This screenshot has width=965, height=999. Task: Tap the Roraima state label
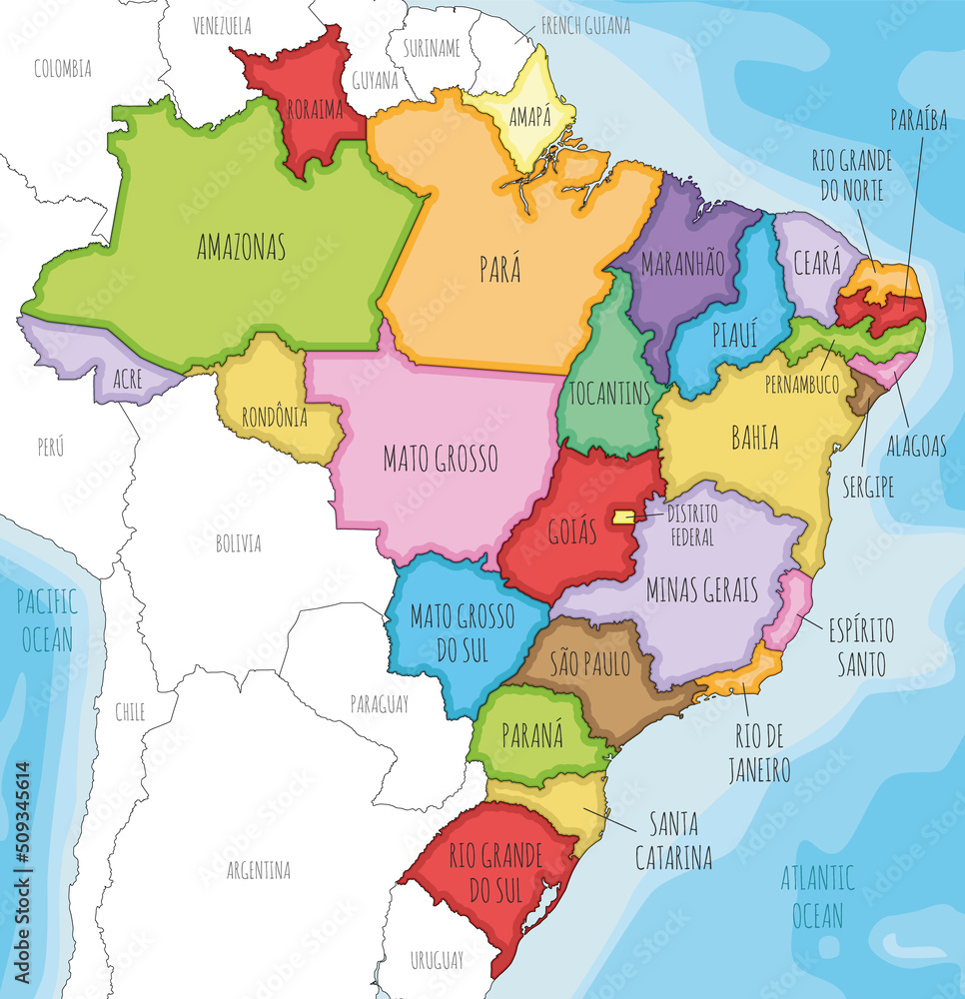click(x=314, y=110)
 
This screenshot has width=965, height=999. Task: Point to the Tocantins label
click(x=609, y=393)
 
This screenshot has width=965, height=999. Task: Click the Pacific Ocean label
click(x=47, y=619)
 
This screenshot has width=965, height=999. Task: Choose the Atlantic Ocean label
click(x=818, y=896)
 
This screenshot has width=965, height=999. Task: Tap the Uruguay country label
click(x=437, y=960)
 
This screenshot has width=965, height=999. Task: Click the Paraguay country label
click(x=379, y=704)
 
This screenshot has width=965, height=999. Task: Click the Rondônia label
click(x=275, y=418)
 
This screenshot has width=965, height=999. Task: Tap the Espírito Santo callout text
click(x=860, y=646)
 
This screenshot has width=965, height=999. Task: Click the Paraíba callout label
click(x=919, y=120)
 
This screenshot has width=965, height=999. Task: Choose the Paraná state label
click(x=533, y=735)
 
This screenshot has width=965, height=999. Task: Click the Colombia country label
click(x=62, y=68)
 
